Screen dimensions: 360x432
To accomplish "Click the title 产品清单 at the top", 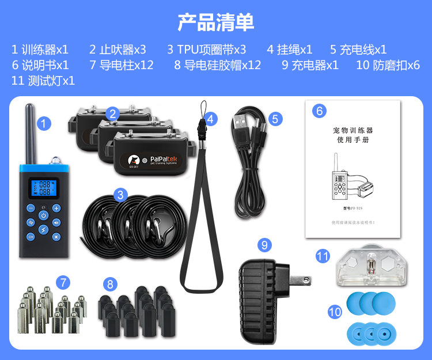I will [215, 22].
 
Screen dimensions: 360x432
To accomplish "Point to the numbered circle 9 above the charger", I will [264, 245].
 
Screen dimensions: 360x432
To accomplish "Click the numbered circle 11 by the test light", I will [323, 255].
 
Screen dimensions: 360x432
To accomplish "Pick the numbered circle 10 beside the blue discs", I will [335, 312].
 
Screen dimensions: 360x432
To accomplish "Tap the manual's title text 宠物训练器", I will [353, 130].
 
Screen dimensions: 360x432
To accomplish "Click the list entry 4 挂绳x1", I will [290, 49].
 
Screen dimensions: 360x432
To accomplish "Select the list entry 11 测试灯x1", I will [43, 81].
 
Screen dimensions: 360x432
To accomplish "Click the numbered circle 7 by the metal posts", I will [64, 282].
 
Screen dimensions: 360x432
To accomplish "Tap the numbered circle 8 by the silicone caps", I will [110, 284].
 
